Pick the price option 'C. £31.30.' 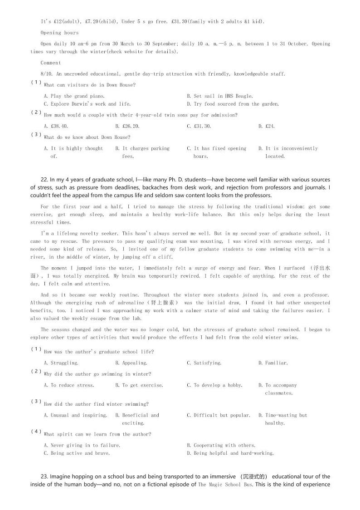pos(199,126)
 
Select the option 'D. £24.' pos(267,126)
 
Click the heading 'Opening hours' pos(59,33)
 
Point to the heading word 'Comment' pos(50,63)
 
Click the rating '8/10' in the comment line pos(47,74)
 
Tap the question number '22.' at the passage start pos(44,180)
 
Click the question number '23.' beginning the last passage pos(44,476)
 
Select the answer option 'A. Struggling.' pos(61,363)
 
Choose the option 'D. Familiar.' pos(273,363)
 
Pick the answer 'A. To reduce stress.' pos(69,385)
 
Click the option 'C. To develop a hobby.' pos(214,385)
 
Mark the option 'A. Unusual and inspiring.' pos(75,415)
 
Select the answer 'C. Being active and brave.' pos(77,453)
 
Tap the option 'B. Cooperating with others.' pos(221,445)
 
